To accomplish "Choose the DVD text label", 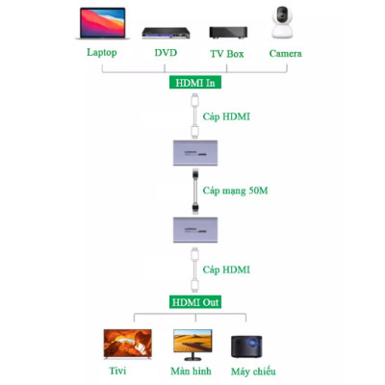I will [x=166, y=53].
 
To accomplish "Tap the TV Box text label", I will [x=227, y=53].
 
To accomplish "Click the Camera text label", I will [x=285, y=53].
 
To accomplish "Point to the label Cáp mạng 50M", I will [x=241, y=191].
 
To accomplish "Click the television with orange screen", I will [x=129, y=344].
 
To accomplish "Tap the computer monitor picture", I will [x=192, y=344].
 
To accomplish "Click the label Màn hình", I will [x=192, y=372].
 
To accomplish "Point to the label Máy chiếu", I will [x=253, y=372].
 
